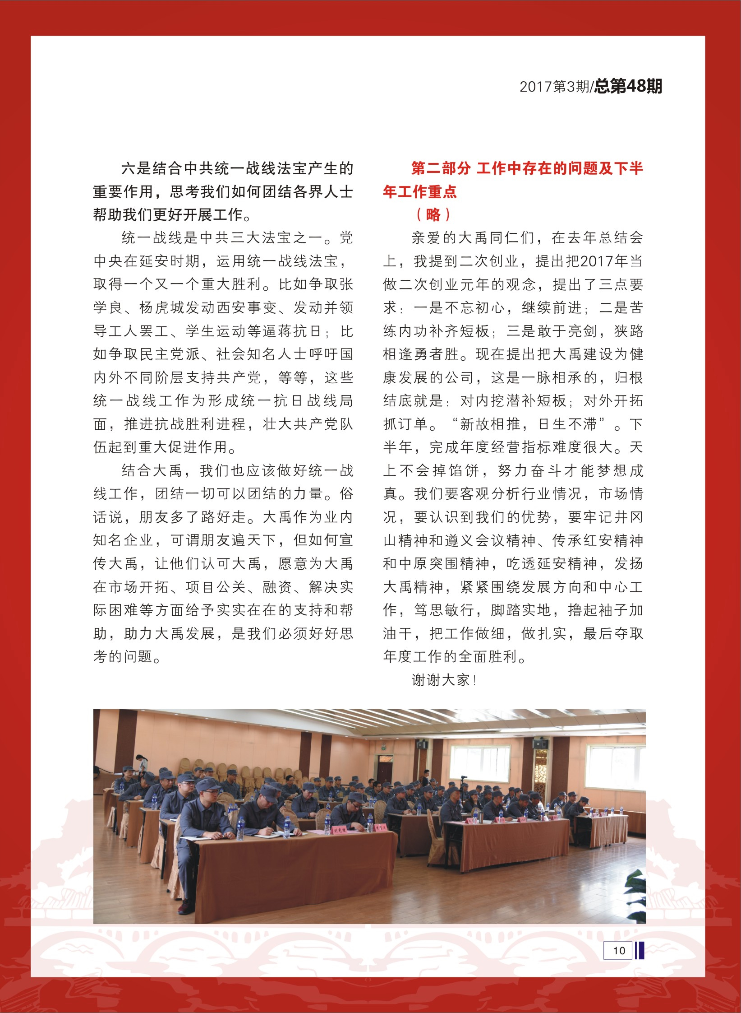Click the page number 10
[619, 950]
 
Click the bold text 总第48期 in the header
[628, 86]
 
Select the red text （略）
[433, 215]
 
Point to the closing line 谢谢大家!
[444, 680]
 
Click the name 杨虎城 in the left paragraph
[162, 308]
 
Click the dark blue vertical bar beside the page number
[640, 950]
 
